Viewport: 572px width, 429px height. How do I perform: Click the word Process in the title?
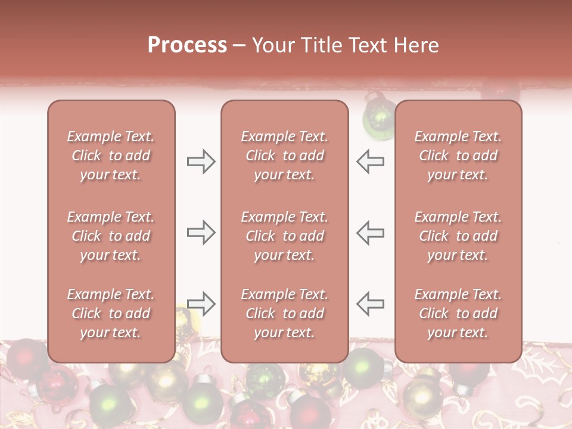(187, 45)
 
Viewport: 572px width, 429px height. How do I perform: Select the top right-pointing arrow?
(201, 161)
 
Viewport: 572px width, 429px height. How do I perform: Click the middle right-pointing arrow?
(201, 232)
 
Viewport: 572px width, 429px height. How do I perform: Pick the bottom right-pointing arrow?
(201, 304)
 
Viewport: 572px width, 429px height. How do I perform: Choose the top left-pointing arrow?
(370, 161)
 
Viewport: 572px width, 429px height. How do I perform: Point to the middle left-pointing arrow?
(370, 232)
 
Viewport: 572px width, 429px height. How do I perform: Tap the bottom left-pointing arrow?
(370, 304)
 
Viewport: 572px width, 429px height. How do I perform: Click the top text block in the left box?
(111, 156)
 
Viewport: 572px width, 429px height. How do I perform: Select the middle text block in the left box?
(111, 236)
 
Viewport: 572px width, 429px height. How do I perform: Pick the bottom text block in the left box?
(111, 313)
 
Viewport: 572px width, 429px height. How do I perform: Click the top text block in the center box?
(284, 156)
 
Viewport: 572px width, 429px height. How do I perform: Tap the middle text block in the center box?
(284, 236)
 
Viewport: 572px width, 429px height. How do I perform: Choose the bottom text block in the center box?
(284, 313)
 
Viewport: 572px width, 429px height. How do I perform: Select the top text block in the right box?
(458, 156)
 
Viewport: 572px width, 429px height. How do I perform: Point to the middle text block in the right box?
(458, 236)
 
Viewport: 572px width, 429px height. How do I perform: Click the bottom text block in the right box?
(458, 313)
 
